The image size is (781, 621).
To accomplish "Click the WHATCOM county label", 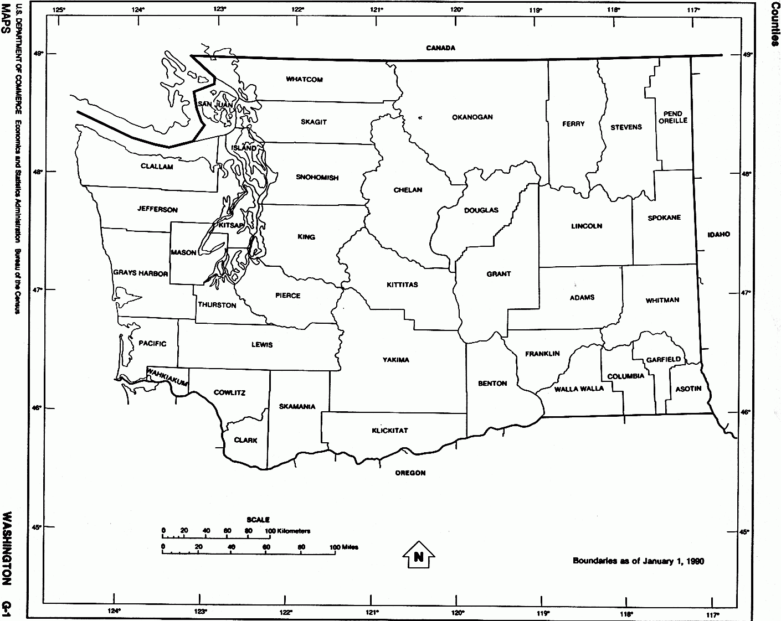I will [x=304, y=80].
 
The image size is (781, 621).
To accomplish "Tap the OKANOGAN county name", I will [x=472, y=117].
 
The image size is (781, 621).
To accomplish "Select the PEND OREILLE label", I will [x=673, y=117].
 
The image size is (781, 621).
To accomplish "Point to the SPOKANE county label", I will [x=664, y=218].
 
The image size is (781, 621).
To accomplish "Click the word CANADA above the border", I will [x=440, y=48].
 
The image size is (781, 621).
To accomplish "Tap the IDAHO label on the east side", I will [x=718, y=235].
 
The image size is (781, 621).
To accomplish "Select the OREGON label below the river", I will [x=410, y=473].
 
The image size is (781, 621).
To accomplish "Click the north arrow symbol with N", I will [x=418, y=556].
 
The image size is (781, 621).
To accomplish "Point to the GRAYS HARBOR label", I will [x=140, y=273].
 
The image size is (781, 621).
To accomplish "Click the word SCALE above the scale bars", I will [x=258, y=520].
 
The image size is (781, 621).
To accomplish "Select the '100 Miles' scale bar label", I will [x=344, y=547].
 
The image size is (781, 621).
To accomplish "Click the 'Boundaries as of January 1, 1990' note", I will [x=638, y=561].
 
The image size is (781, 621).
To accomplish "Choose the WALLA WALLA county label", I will [x=579, y=389].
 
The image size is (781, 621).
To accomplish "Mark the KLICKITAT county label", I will [x=390, y=431].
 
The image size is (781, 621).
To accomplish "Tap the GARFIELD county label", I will [x=663, y=360].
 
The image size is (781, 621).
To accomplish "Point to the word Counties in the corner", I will [x=774, y=24].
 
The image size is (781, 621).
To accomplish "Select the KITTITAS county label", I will [x=402, y=285].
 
